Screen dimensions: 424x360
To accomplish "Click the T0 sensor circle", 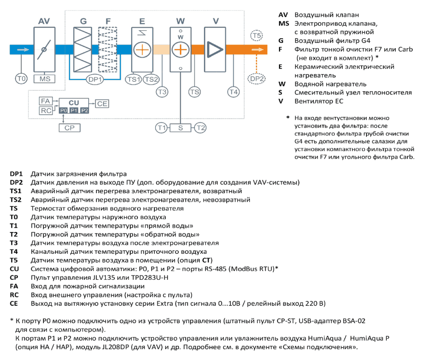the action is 21,79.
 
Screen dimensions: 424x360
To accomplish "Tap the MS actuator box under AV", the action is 44,79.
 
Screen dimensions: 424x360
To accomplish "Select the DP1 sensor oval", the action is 95,79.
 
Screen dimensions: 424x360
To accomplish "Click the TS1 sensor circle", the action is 134,79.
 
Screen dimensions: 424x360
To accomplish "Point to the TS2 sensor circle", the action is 151,79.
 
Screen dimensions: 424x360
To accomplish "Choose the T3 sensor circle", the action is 162,92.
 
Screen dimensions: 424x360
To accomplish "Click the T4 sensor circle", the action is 233,92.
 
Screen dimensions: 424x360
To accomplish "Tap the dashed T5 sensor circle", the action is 256,35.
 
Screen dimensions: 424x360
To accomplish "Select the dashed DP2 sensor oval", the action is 256,79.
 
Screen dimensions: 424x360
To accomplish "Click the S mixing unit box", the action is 180,128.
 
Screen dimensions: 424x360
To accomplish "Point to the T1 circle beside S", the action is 161,128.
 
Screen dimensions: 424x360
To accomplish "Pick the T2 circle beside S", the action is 200,128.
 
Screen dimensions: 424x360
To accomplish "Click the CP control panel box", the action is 69,128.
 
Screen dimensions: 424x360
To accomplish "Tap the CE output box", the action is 102,103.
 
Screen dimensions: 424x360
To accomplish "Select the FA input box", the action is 46,101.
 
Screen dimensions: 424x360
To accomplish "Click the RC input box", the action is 46,111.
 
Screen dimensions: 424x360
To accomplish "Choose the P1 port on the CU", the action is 74,111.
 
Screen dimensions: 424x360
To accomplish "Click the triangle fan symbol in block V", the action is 215,50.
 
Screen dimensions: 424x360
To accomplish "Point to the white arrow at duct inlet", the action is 23,50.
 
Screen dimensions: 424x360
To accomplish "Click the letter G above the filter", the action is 83,21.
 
